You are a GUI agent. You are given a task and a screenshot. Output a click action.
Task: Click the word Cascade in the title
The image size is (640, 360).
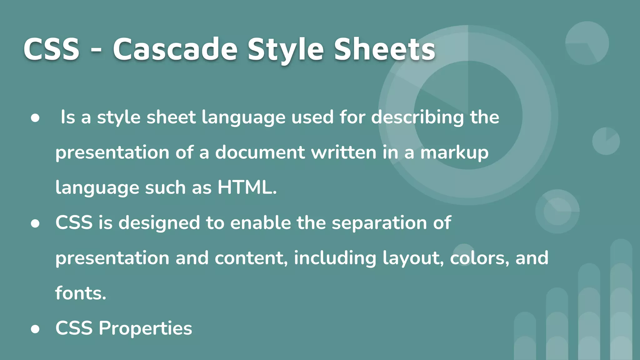(x=175, y=49)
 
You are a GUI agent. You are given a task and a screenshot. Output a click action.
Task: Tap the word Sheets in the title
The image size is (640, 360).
(x=385, y=49)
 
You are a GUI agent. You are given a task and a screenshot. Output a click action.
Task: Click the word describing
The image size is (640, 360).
(x=417, y=118)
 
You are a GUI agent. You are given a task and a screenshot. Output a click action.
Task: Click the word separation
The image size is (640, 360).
(x=379, y=223)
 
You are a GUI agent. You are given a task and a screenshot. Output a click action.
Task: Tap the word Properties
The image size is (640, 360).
(x=145, y=328)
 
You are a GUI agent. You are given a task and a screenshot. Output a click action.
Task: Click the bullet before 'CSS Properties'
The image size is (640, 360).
(x=35, y=329)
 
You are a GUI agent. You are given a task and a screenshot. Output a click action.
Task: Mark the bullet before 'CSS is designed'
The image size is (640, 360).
(x=35, y=223)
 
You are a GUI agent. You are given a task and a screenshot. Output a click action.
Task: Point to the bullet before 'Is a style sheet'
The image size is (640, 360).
(x=35, y=118)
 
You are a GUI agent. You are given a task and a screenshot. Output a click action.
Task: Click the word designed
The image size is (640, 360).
(x=159, y=223)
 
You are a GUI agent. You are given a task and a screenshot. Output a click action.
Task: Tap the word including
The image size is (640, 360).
(x=335, y=259)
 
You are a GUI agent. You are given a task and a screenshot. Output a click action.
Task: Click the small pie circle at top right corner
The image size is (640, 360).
(x=587, y=43)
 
